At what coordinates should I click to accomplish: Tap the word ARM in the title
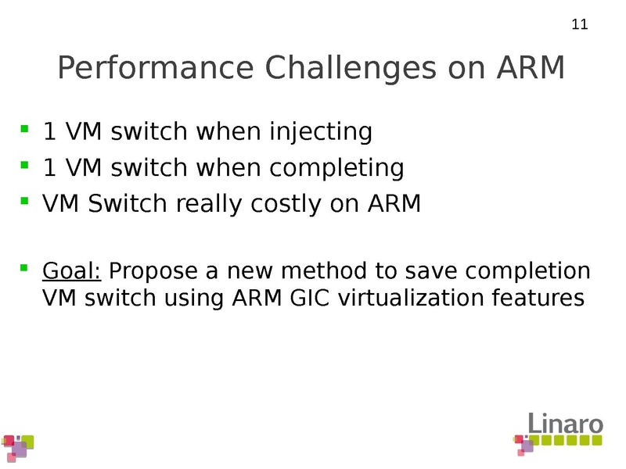[x=531, y=69]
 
